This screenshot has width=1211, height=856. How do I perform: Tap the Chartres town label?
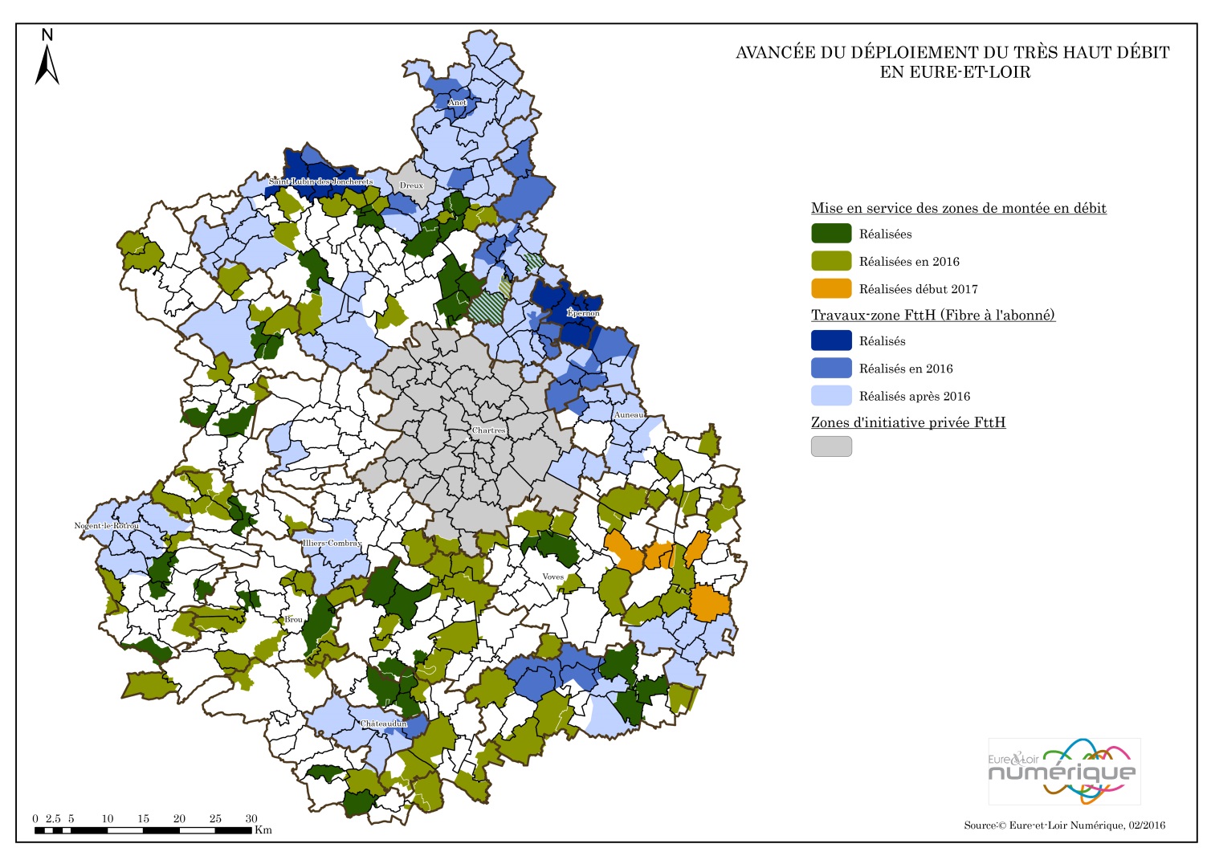[488, 430]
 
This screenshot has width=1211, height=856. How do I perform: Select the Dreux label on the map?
[411, 185]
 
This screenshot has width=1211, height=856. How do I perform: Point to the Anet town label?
[457, 103]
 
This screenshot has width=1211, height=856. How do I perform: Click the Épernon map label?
[583, 312]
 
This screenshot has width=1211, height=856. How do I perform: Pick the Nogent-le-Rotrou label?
[107, 526]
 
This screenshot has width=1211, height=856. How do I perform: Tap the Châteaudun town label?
[383, 724]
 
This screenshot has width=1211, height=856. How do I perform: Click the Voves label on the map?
[552, 577]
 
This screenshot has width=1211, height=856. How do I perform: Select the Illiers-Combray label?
[332, 543]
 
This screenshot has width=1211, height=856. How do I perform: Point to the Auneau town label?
[629, 415]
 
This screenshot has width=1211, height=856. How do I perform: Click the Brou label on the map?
[294, 619]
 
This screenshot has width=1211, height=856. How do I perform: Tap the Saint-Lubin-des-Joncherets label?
[320, 181]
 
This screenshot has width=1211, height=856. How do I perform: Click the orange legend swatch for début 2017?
[831, 288]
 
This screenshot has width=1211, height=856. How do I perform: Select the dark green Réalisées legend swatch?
[831, 234]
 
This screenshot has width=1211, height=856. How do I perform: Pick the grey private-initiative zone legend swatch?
[831, 446]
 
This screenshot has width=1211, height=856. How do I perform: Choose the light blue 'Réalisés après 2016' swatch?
[831, 396]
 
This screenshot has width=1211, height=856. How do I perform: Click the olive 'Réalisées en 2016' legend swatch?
[831, 261]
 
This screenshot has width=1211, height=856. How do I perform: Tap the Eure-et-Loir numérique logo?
[1063, 771]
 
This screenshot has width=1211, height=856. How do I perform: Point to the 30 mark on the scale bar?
[251, 818]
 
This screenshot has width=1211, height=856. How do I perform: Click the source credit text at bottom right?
[1064, 825]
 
